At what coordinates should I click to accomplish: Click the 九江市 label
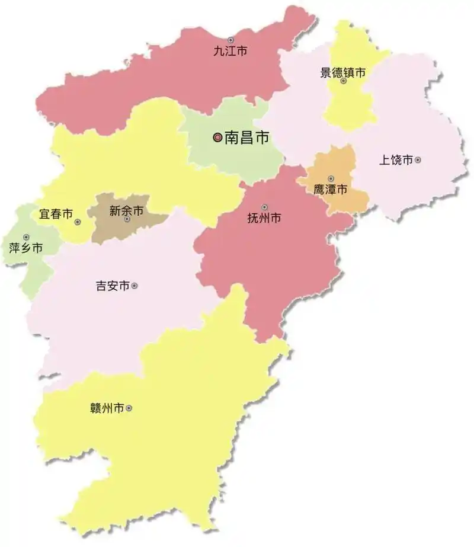point(230,52)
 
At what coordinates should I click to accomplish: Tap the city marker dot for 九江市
point(230,40)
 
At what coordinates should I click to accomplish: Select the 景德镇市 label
point(343,72)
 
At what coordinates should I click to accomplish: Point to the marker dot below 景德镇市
point(344,81)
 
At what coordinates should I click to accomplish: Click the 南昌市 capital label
point(246,138)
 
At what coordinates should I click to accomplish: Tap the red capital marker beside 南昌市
point(217,137)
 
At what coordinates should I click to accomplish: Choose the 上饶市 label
point(395,159)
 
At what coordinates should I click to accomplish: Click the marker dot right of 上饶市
point(418,159)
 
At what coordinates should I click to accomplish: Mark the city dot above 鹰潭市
point(331,178)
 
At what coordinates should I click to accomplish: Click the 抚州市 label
point(264,218)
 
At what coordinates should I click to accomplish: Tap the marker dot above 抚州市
point(264,207)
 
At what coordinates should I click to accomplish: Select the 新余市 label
point(126,210)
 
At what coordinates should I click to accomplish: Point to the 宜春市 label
point(56,214)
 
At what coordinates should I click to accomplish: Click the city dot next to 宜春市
point(78,222)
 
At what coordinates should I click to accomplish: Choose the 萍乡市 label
point(26,248)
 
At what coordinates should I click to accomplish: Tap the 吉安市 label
point(113,286)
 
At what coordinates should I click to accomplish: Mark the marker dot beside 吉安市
point(134,286)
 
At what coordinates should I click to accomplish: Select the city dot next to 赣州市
point(129,408)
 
